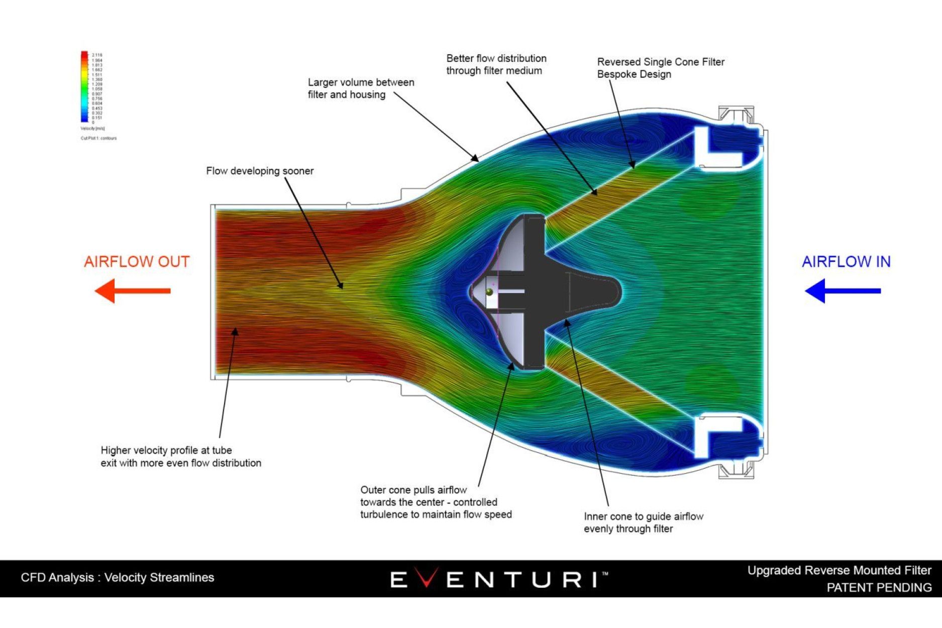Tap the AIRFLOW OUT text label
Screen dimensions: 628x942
point(137,262)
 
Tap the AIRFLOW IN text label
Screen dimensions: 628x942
point(846,262)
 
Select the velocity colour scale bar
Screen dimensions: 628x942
point(84,86)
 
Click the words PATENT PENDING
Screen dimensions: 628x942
point(879,587)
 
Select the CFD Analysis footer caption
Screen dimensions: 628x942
point(118,577)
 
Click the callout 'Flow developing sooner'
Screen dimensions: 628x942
point(260,171)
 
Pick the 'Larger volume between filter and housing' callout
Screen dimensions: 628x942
point(361,88)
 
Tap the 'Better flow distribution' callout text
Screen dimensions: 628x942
point(496,64)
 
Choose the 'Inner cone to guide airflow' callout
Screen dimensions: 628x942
point(643,522)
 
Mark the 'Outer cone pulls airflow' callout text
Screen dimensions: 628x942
point(436,502)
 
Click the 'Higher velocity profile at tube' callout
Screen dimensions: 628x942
point(181,456)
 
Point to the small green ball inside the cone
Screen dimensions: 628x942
point(489,292)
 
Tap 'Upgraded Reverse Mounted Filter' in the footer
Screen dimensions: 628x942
point(839,570)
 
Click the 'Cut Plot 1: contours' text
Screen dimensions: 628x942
point(98,138)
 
